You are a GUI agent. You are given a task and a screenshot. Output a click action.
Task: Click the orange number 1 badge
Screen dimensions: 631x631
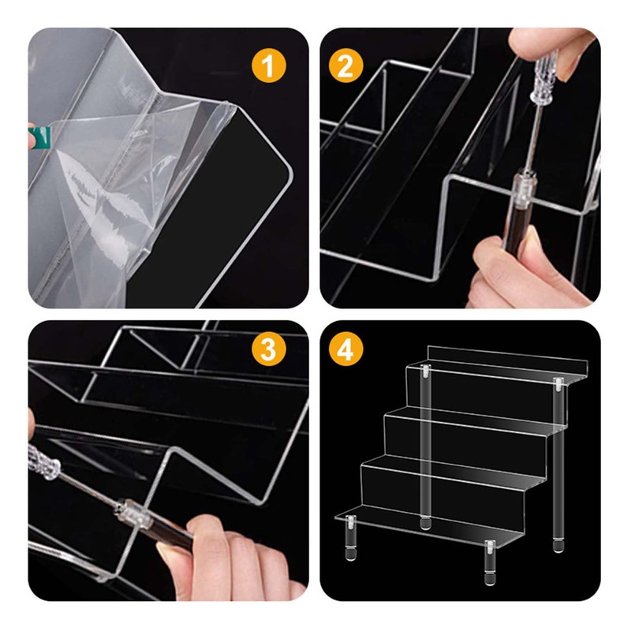tap(268, 65)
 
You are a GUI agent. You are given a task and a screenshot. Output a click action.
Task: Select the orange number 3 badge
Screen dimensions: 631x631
tap(268, 349)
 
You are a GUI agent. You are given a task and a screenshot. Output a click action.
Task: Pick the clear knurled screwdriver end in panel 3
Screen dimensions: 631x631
tap(44, 462)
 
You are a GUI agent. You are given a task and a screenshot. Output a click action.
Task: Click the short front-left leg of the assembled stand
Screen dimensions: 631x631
tap(350, 539)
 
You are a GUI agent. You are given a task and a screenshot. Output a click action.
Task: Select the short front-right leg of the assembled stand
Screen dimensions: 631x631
tap(490, 562)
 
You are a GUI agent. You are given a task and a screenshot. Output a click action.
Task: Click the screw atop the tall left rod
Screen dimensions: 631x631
tap(425, 372)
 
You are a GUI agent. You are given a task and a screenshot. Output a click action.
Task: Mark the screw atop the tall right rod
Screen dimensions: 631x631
tap(558, 384)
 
